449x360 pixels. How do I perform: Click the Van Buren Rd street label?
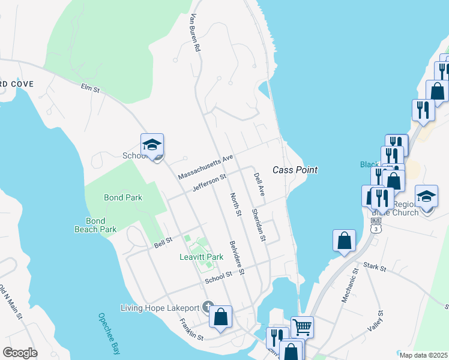point(193,34)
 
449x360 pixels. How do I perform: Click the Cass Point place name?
point(295,170)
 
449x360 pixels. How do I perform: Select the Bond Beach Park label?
point(95,225)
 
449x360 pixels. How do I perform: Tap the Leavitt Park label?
point(202,257)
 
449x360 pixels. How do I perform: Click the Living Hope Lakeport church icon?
point(208,308)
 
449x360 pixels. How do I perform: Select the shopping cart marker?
point(302,327)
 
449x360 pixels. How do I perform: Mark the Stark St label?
point(373,266)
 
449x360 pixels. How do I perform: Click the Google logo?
point(20,353)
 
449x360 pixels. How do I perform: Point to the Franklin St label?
point(191,331)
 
